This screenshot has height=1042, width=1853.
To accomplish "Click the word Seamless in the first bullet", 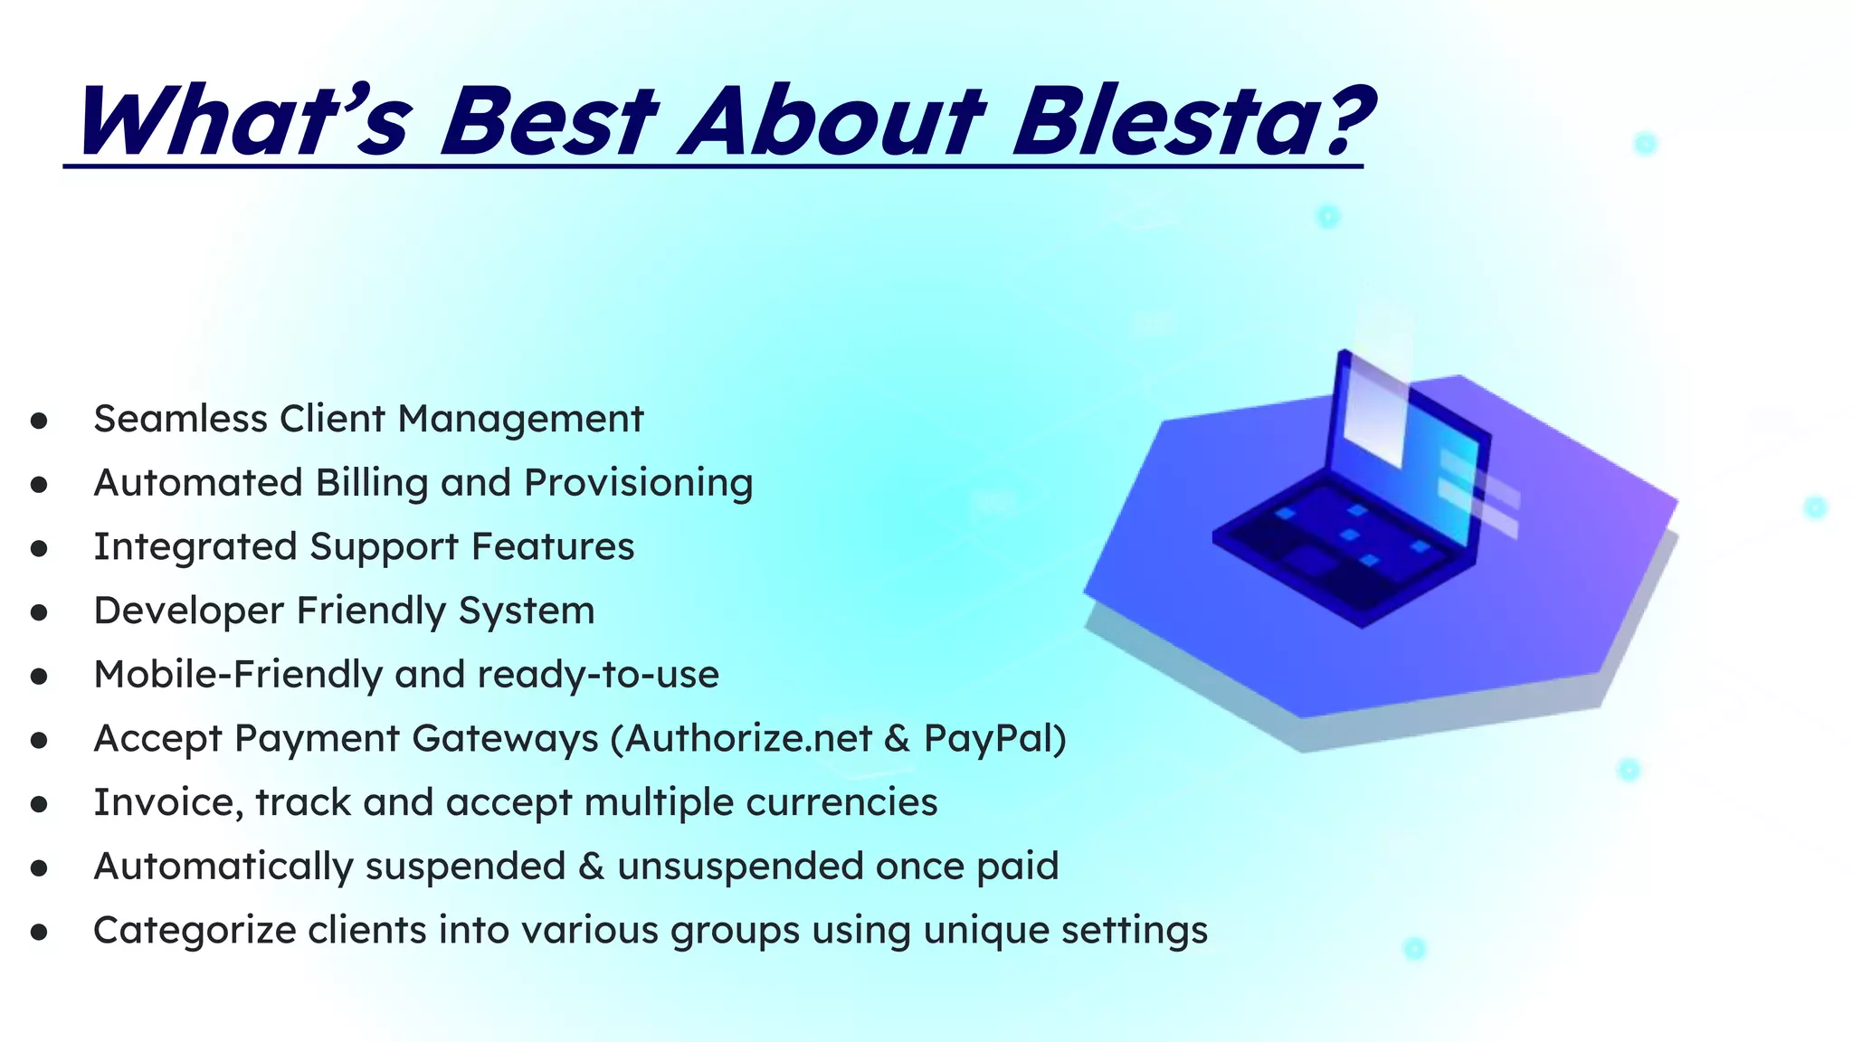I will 180,419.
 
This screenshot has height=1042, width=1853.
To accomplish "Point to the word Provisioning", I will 638,482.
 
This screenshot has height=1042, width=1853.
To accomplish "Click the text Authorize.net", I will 748,738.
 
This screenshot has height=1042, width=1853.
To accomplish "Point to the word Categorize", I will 194,931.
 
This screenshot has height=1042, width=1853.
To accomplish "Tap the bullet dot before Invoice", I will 38,804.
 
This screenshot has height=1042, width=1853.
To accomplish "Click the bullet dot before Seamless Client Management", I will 38,421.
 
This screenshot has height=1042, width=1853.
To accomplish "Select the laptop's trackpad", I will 1309,561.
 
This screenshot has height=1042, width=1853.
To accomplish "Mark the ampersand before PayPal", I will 897,738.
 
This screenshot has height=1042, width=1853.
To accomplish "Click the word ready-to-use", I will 598,675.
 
